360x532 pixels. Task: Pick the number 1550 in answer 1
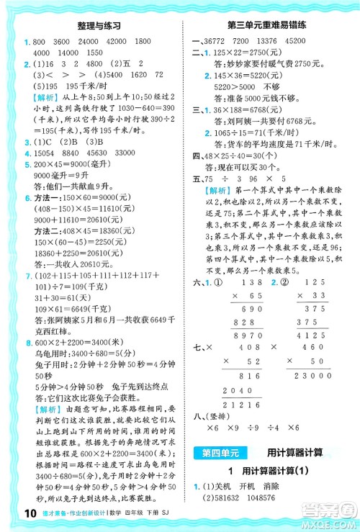pos(99,53)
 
